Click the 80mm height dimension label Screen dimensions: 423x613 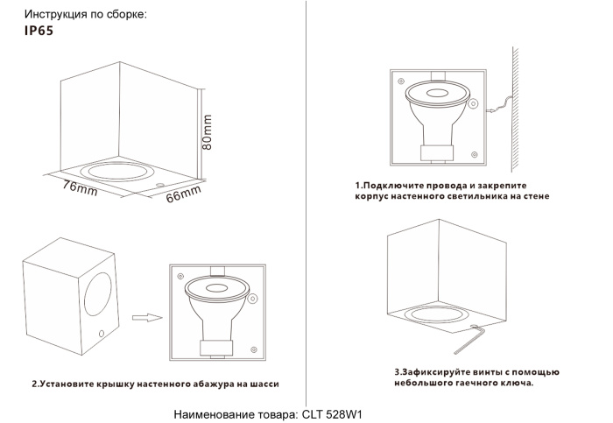[x=208, y=132]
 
